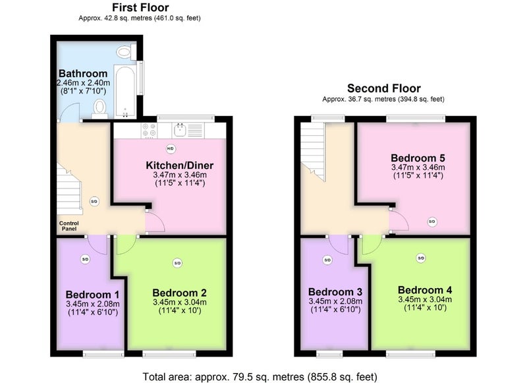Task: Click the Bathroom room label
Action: point(83,73)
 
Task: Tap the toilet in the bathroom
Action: point(99,108)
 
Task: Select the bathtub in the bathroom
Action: point(125,91)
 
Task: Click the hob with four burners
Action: point(149,131)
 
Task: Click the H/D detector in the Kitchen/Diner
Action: point(171,148)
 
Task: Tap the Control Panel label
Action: point(69,226)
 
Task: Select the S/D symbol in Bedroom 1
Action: point(86,259)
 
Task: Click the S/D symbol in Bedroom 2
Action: point(177,263)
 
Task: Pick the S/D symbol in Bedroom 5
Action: point(432,221)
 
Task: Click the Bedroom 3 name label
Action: point(335,292)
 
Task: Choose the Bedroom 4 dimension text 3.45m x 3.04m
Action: point(425,299)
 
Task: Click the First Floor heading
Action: point(140,7)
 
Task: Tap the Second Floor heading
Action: point(384,88)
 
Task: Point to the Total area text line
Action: point(260,376)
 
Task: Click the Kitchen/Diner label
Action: point(179,165)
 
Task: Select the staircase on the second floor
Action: point(312,152)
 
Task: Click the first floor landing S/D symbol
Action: point(94,202)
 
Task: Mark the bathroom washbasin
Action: point(125,52)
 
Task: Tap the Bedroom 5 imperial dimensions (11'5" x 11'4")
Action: point(418,175)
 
